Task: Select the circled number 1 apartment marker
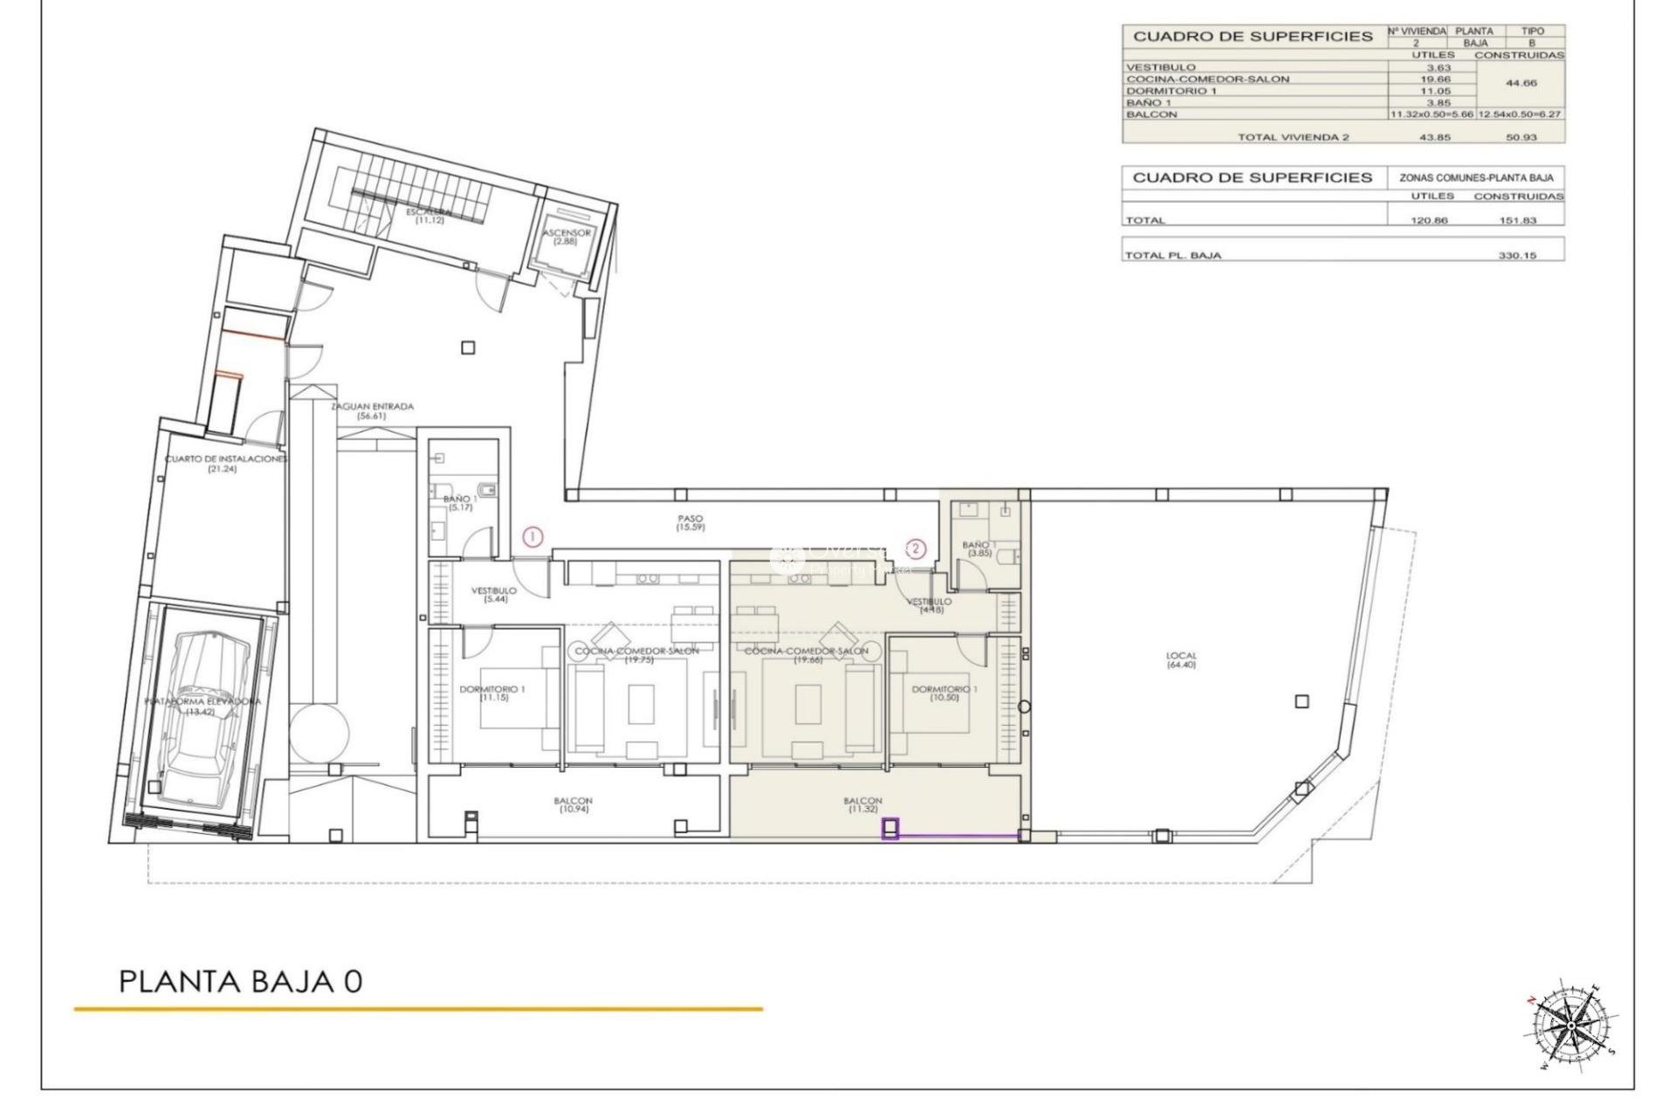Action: coord(532,537)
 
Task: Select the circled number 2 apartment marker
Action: coord(915,549)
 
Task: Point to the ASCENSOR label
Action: coord(567,237)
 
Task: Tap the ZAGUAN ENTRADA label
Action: coord(371,411)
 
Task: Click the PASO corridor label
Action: coord(690,523)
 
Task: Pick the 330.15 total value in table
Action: coord(1516,256)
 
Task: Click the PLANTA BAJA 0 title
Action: coord(240,981)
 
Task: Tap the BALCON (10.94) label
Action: coord(573,805)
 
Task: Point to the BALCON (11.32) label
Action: coord(862,805)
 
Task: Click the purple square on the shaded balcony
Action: coord(890,828)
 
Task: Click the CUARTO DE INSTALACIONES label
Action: coord(225,463)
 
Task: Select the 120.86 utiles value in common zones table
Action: coord(1429,220)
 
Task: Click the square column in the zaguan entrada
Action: coord(468,348)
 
